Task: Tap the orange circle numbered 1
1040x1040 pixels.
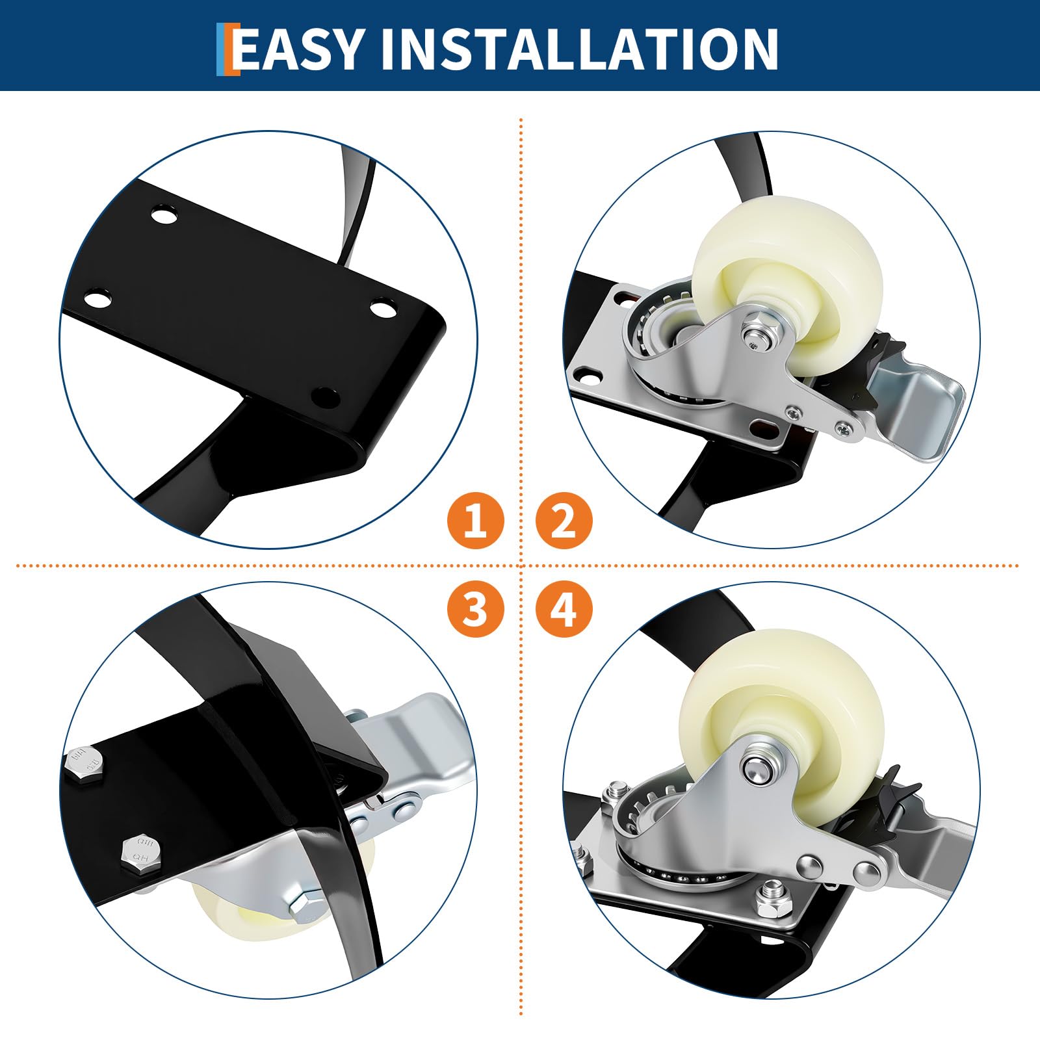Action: pyautogui.click(x=476, y=520)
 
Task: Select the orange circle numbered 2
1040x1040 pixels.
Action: pyautogui.click(x=564, y=520)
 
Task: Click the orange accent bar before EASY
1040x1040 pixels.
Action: pyautogui.click(x=227, y=49)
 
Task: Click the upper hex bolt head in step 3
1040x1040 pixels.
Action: pyautogui.click(x=85, y=764)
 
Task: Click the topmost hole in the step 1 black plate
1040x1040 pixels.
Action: pyautogui.click(x=164, y=214)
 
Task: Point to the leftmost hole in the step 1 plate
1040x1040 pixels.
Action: pyautogui.click(x=97, y=299)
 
